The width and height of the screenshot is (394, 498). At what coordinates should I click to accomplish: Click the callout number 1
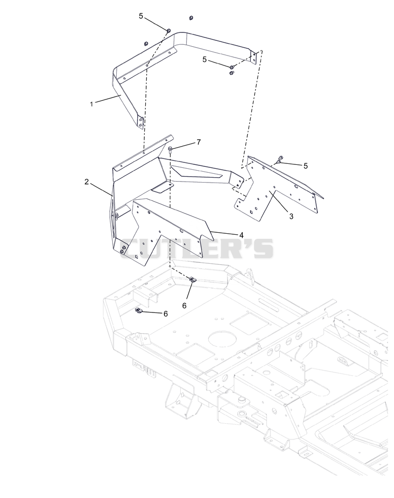[92, 104]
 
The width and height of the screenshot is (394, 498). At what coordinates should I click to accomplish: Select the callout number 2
[86, 182]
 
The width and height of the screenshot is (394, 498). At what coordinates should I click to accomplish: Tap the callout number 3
[291, 217]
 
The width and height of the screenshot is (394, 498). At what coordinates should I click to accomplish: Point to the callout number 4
[241, 235]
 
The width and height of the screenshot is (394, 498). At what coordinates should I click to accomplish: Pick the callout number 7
[198, 142]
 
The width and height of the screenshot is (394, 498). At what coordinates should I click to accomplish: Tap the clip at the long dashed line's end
[193, 280]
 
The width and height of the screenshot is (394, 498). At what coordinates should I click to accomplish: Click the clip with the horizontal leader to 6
[139, 311]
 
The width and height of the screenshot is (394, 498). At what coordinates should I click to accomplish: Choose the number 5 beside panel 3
[306, 166]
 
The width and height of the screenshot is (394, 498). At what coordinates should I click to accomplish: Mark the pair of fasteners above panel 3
[280, 160]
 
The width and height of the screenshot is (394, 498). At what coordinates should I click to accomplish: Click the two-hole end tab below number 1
[140, 122]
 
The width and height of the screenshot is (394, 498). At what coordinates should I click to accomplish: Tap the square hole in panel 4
[136, 256]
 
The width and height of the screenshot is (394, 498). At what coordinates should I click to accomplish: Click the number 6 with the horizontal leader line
[165, 313]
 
